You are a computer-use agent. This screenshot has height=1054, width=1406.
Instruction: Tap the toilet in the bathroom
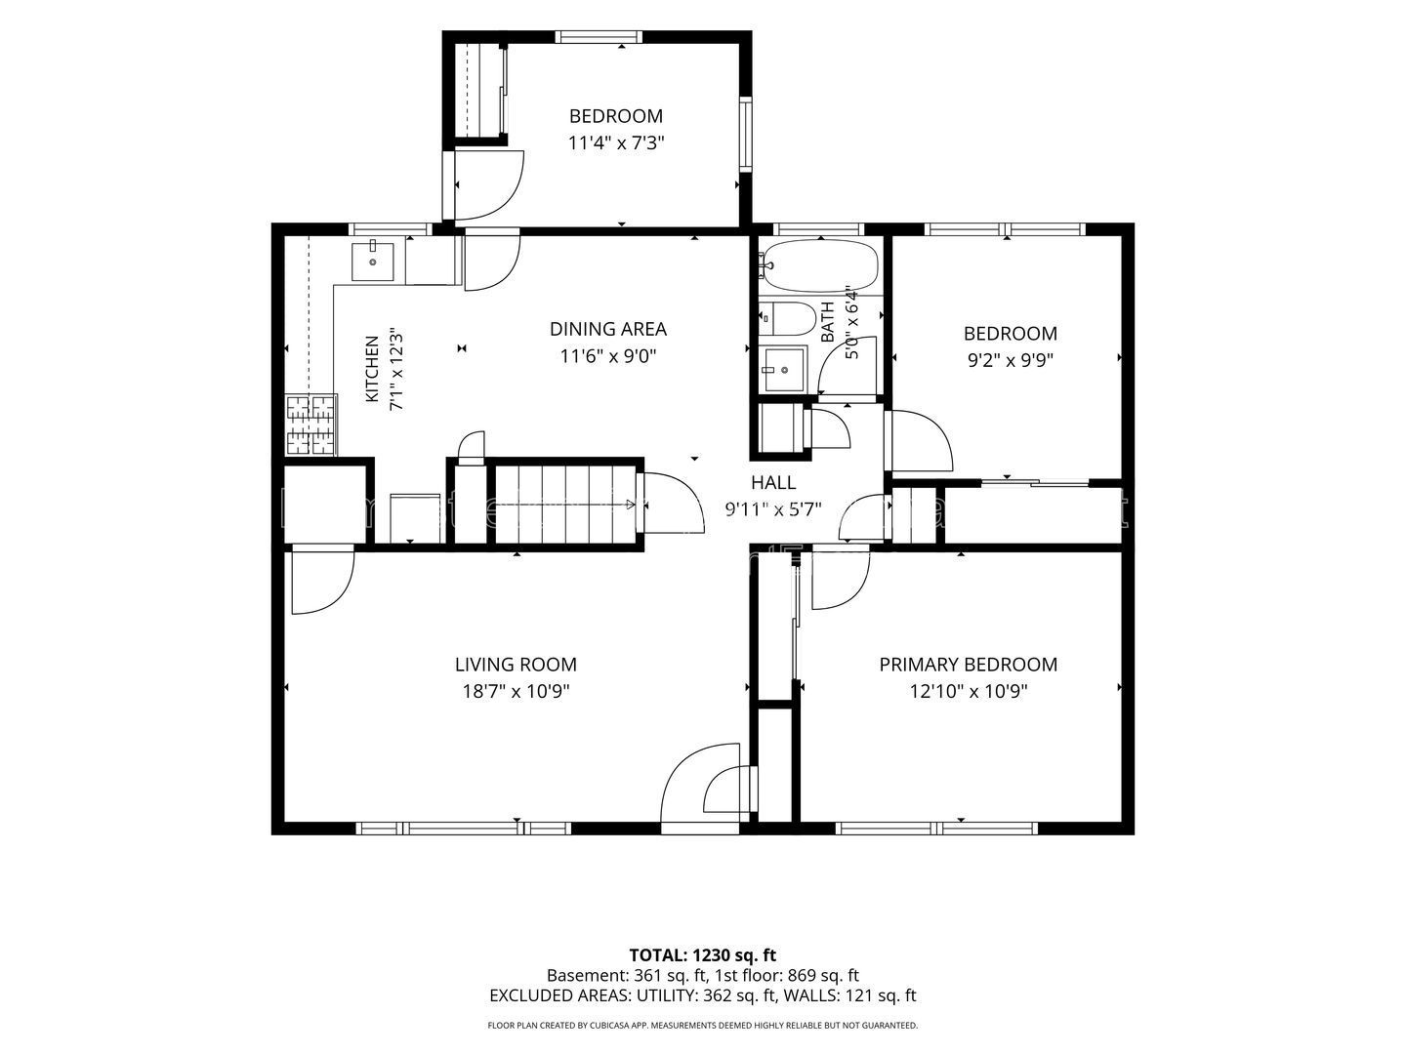click(x=787, y=318)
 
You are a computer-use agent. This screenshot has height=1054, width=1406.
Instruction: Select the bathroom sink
click(x=782, y=369)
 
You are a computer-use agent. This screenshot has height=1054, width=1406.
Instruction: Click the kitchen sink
click(x=373, y=262)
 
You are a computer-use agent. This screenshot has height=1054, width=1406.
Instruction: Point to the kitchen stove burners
click(x=311, y=425)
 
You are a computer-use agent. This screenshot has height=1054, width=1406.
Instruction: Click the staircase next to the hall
click(x=566, y=504)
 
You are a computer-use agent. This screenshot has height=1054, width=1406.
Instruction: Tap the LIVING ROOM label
click(x=516, y=665)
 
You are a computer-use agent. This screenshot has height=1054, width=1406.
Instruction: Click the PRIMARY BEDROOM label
click(x=968, y=665)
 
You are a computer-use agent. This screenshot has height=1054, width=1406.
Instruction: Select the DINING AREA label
click(x=608, y=329)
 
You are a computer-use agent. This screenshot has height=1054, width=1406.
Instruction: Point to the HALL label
click(x=773, y=482)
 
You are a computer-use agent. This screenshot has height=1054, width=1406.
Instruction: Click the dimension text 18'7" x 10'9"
click(x=516, y=691)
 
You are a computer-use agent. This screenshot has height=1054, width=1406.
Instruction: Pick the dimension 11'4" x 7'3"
click(x=615, y=142)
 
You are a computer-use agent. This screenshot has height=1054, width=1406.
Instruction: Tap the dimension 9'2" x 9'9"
click(x=1011, y=360)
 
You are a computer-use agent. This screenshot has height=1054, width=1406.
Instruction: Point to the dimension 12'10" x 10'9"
click(x=969, y=691)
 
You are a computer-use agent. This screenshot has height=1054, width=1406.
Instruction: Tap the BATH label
click(x=828, y=321)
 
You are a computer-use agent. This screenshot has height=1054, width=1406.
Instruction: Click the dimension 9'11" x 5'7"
click(x=773, y=509)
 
